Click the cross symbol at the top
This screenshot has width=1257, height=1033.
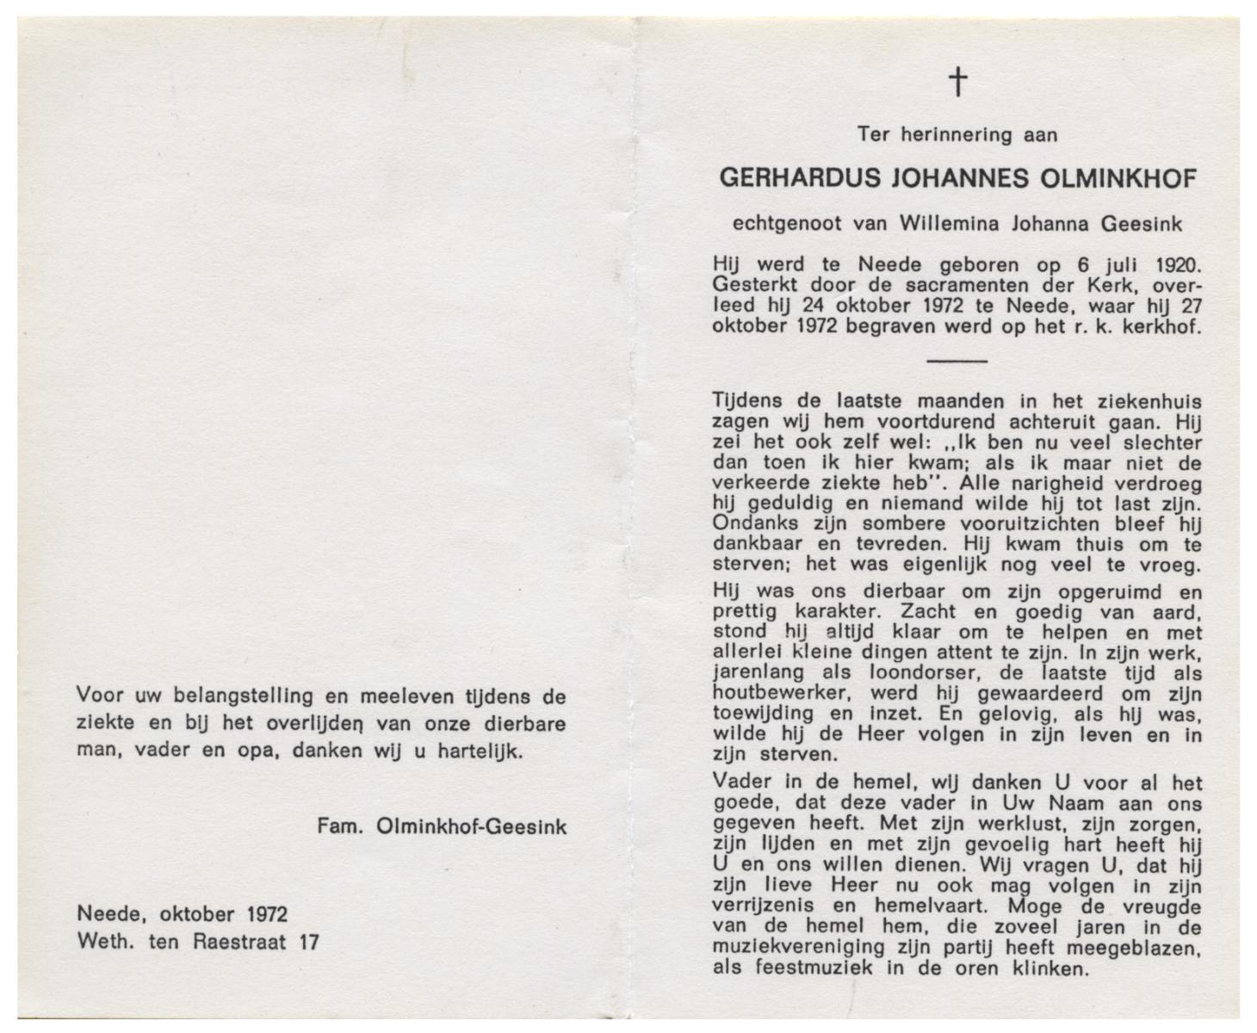click(x=957, y=83)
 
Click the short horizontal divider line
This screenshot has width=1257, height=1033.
click(x=957, y=360)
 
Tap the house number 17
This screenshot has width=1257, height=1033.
click(x=307, y=942)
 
